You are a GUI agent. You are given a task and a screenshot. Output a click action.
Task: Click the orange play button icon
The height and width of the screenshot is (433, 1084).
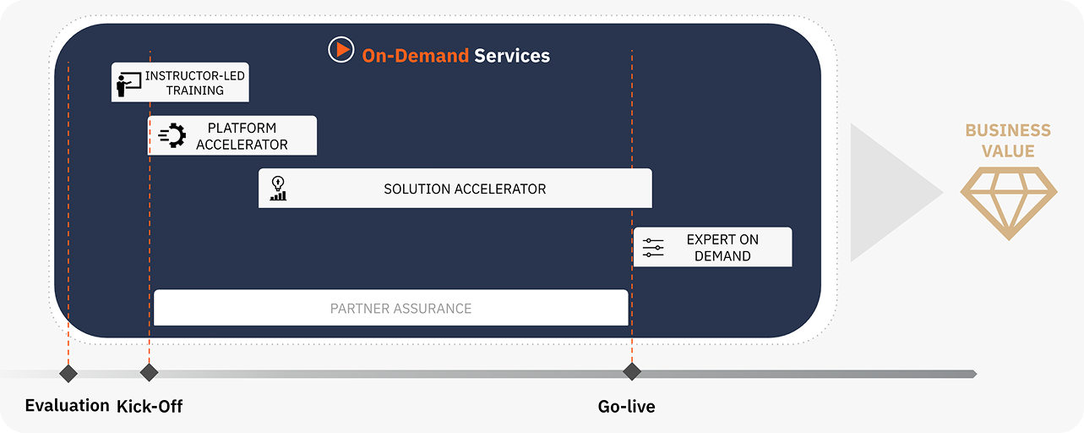coord(341,49)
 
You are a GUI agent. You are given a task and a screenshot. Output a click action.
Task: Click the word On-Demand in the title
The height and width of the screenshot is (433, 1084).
coord(415,56)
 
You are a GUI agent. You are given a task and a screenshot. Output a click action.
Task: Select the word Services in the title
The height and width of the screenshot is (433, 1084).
coord(512,56)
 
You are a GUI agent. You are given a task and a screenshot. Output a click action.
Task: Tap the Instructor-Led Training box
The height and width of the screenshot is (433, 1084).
coord(180,82)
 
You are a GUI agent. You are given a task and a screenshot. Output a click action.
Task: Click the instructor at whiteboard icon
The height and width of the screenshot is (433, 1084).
coord(128,85)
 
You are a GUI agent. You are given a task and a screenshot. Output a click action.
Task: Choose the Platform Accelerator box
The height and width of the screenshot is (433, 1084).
coord(232,135)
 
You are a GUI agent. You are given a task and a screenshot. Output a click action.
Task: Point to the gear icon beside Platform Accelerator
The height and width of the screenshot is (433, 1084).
coord(172,135)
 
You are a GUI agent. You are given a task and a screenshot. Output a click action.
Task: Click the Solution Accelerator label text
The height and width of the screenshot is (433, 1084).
coord(465,189)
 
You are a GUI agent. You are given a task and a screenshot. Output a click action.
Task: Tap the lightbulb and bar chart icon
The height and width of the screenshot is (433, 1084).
coord(278,189)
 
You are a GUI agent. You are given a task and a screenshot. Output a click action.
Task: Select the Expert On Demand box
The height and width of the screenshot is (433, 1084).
coord(713,247)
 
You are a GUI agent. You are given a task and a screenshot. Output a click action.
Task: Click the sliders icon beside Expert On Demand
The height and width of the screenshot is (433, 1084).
coord(653,248)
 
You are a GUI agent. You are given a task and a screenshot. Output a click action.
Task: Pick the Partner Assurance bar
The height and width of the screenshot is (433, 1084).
coord(391,308)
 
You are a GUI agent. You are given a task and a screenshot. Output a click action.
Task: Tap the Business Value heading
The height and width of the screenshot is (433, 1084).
coord(1008,140)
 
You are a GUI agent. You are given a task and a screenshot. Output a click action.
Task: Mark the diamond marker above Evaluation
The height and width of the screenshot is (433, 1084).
coord(68,374)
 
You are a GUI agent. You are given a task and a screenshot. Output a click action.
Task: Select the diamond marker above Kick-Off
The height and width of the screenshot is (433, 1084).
coord(149,372)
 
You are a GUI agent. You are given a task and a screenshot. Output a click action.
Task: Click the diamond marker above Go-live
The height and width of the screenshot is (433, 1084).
coord(632,371)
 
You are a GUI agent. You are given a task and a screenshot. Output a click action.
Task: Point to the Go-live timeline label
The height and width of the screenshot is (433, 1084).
coord(627,407)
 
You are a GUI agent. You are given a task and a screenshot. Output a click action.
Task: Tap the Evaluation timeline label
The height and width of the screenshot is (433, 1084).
coord(68,405)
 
